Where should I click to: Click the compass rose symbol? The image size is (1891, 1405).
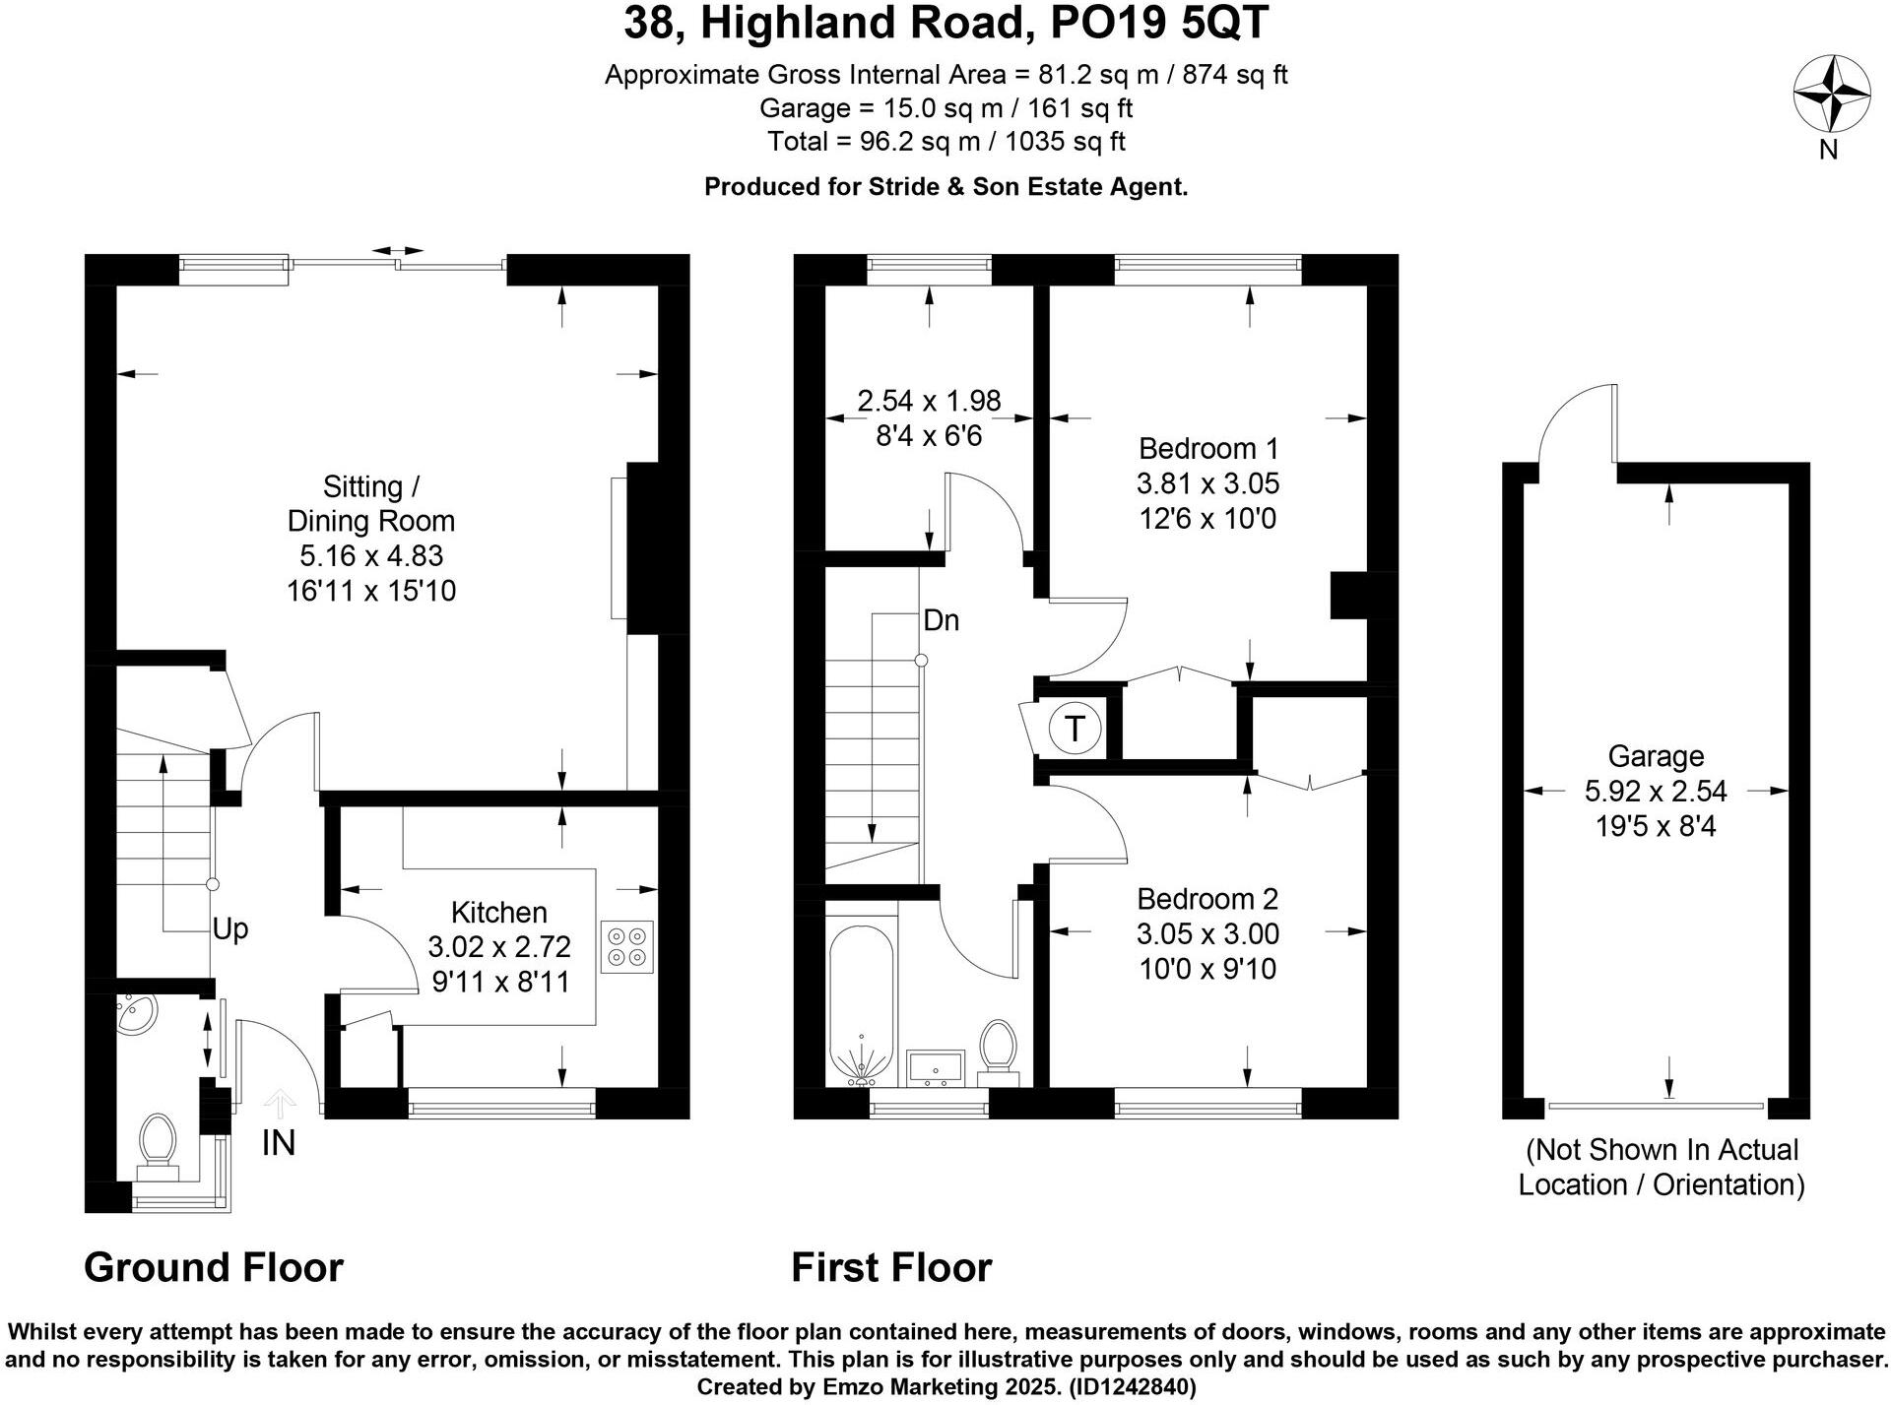point(1831,95)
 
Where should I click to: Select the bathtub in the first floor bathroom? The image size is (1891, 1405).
point(862,1004)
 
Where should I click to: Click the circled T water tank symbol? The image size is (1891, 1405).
point(1075,729)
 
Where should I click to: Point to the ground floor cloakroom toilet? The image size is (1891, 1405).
point(157,1145)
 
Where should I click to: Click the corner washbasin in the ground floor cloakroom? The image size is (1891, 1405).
point(130,1015)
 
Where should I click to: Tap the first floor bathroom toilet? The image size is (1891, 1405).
point(998,1048)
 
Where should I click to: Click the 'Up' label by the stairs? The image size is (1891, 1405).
point(230,928)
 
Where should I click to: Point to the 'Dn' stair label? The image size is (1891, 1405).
point(941,620)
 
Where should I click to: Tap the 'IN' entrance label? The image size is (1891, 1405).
point(279,1143)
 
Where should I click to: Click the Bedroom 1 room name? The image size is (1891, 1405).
point(1207,449)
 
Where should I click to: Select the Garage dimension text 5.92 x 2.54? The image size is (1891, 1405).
point(1655,791)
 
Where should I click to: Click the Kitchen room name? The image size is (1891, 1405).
point(498,912)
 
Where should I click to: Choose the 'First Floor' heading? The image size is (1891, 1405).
point(891,1267)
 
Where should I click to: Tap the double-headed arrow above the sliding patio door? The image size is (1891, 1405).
point(399,252)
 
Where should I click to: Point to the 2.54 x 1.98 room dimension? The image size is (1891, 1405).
point(929,401)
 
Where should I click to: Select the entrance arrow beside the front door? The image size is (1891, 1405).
point(281,1103)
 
